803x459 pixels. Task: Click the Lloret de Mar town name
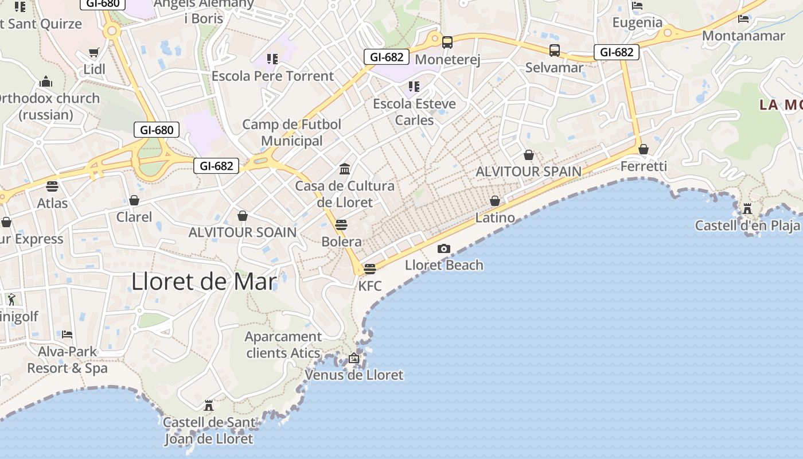coord(204,282)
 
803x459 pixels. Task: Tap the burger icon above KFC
coord(370,269)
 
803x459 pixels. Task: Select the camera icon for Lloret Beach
coord(443,248)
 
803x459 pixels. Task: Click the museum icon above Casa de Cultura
coord(345,169)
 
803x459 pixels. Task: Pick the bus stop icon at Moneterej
coord(447,42)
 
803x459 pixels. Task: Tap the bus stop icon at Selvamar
coord(554,50)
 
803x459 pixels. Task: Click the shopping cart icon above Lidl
coord(94,53)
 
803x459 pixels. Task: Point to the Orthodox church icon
coord(46,81)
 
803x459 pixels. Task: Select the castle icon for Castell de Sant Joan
coord(209,406)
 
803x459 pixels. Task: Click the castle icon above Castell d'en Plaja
coord(747,208)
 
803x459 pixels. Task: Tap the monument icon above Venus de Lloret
coord(354,359)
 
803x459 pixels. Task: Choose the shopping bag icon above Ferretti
coord(644,149)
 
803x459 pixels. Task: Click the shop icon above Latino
coord(495,201)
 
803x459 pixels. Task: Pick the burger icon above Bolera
coord(341,224)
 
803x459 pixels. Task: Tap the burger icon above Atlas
coord(52,186)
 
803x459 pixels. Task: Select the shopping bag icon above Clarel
coord(134,200)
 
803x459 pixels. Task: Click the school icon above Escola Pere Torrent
coord(272,59)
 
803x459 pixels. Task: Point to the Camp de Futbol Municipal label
coord(292,133)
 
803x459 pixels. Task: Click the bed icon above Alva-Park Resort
coord(67,334)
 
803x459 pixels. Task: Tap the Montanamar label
coord(743,36)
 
